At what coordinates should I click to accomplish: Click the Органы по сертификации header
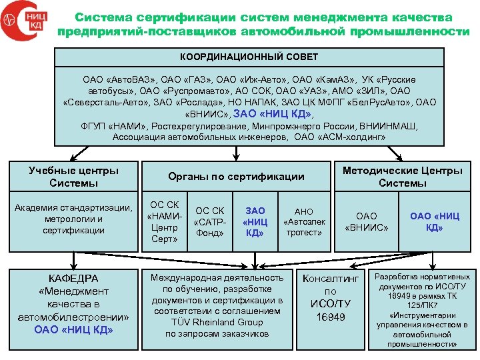pos(236,177)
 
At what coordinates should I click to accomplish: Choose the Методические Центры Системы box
pos(402,177)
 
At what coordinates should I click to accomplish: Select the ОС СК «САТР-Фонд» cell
pos(210,222)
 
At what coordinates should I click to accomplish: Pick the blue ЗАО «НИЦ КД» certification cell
pos(255,222)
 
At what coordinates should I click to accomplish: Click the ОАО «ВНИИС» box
pos(367,221)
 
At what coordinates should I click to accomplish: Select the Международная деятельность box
pos(217,305)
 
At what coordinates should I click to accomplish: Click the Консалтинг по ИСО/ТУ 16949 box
pos(330,297)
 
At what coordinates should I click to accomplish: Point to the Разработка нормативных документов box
pos(422,310)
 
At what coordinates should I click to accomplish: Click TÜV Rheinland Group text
pos(218,322)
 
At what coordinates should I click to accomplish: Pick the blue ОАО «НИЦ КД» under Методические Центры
pos(435,221)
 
